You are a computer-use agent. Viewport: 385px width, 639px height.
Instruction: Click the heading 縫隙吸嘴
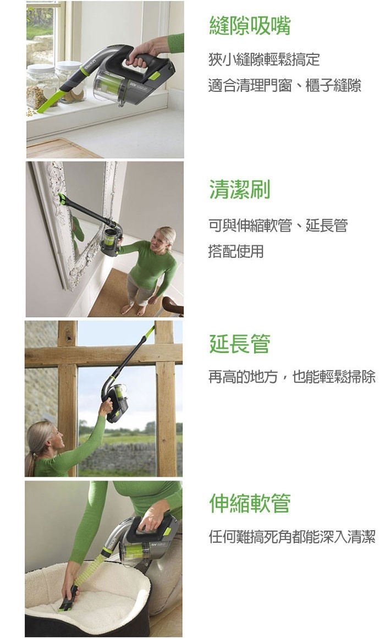[x=249, y=25]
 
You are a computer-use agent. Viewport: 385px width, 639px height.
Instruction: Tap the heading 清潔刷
[x=240, y=190]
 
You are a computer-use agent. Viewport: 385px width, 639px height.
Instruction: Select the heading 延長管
[x=240, y=344]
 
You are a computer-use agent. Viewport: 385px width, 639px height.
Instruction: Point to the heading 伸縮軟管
[x=249, y=503]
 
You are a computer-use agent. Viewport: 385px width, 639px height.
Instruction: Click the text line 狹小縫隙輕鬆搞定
[x=264, y=59]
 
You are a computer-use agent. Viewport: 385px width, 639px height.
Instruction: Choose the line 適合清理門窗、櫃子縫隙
[x=285, y=86]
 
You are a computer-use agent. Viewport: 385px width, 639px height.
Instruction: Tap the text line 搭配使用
[x=236, y=251]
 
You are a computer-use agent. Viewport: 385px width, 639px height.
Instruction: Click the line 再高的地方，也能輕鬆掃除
[x=291, y=377]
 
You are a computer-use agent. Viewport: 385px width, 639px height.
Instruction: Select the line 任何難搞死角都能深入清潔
[x=291, y=537]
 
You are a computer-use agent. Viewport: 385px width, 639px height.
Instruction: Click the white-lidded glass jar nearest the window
[x=41, y=86]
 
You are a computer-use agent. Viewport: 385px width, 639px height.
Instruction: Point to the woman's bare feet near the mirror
[x=134, y=309]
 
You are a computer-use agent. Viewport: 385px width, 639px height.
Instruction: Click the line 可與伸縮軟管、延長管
[x=278, y=225]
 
